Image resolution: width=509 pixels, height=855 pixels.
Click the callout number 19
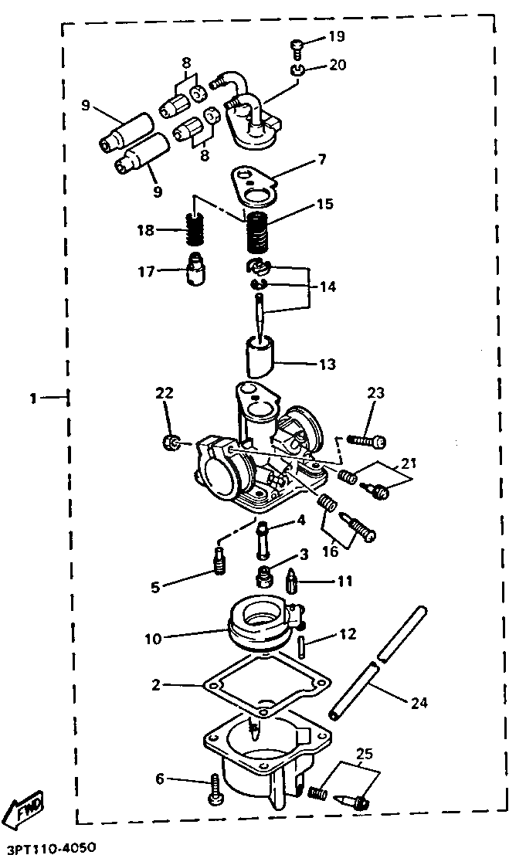[x=335, y=36]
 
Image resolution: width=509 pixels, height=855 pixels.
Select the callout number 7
[x=321, y=160]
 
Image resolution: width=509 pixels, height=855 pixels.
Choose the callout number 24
[x=419, y=703]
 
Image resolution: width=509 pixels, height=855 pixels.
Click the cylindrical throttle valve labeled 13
[x=262, y=356]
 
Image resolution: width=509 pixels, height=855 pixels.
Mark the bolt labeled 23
[x=364, y=441]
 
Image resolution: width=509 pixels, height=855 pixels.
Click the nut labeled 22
[x=171, y=443]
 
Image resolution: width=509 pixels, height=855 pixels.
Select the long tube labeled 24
[x=375, y=664]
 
